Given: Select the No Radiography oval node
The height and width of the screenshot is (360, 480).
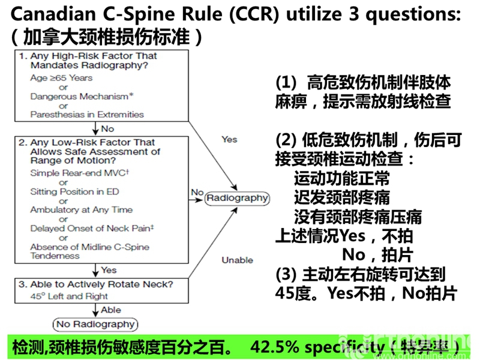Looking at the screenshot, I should pos(95,325).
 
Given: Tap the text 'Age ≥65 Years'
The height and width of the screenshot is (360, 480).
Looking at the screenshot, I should pos(61,77).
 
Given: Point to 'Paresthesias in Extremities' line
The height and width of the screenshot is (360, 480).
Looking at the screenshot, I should pos(87,114).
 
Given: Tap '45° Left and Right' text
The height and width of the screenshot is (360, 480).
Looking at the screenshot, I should pos(69,296).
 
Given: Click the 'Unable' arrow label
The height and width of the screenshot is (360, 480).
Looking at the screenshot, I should pos(237,260).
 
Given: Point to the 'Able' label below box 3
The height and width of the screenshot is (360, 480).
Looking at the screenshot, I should pos(111,310).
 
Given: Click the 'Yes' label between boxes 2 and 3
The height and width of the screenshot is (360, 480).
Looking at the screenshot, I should pos(109,270).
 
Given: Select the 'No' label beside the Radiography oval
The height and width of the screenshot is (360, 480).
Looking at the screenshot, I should pos(197,192).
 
